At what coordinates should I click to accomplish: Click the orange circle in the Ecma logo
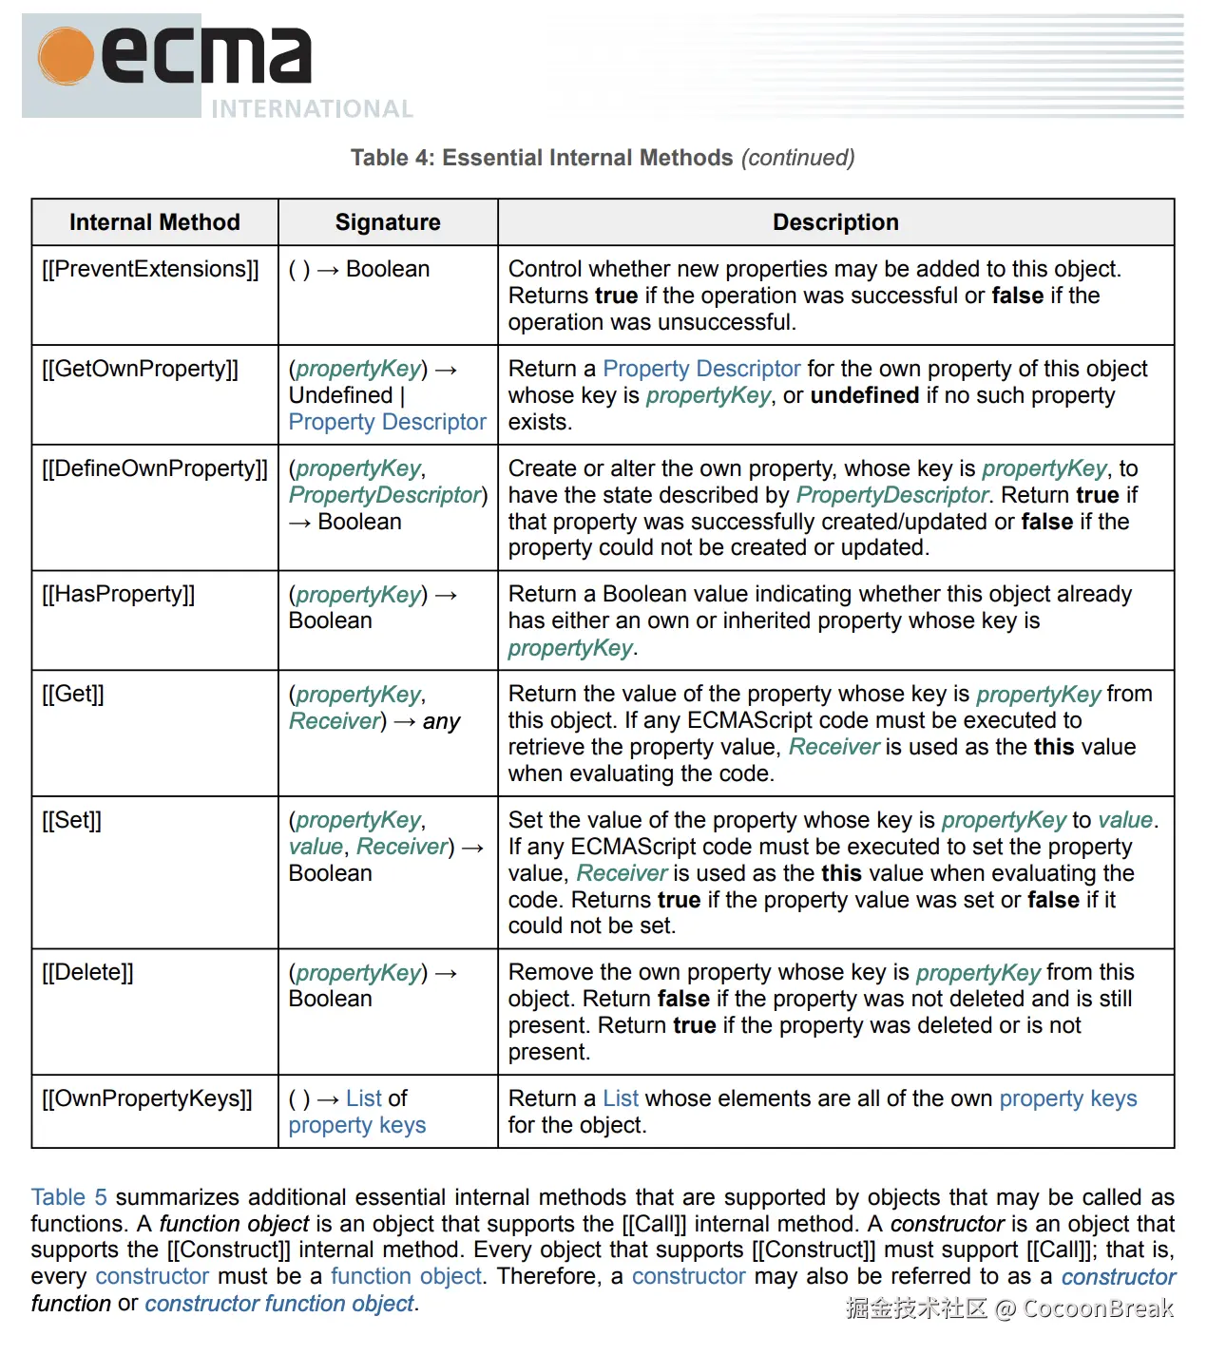tap(67, 56)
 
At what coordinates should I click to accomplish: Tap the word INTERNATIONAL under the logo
tap(312, 109)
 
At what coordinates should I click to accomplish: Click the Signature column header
tap(388, 222)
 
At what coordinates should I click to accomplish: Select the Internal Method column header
tap(154, 222)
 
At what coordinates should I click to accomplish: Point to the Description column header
tap(835, 222)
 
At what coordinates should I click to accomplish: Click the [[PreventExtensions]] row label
tap(150, 269)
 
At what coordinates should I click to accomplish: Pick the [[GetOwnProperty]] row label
tap(140, 369)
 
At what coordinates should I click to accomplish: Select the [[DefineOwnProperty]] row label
tap(155, 468)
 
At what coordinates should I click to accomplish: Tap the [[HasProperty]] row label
tap(118, 594)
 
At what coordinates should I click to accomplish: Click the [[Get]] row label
tap(73, 694)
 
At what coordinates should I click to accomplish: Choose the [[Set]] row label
tap(71, 820)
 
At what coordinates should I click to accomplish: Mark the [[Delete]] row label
tap(87, 972)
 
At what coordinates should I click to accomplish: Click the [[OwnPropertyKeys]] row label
tap(147, 1098)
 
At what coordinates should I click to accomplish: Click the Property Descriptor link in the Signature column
tap(387, 422)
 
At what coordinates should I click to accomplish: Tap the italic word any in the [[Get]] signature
tap(441, 721)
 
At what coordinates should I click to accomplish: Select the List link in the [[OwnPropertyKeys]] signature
tap(363, 1098)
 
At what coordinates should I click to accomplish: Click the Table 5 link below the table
tap(68, 1197)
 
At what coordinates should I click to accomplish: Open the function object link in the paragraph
tap(406, 1276)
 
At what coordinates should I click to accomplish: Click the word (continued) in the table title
tap(797, 158)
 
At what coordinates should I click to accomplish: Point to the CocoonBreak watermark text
tap(1098, 1309)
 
